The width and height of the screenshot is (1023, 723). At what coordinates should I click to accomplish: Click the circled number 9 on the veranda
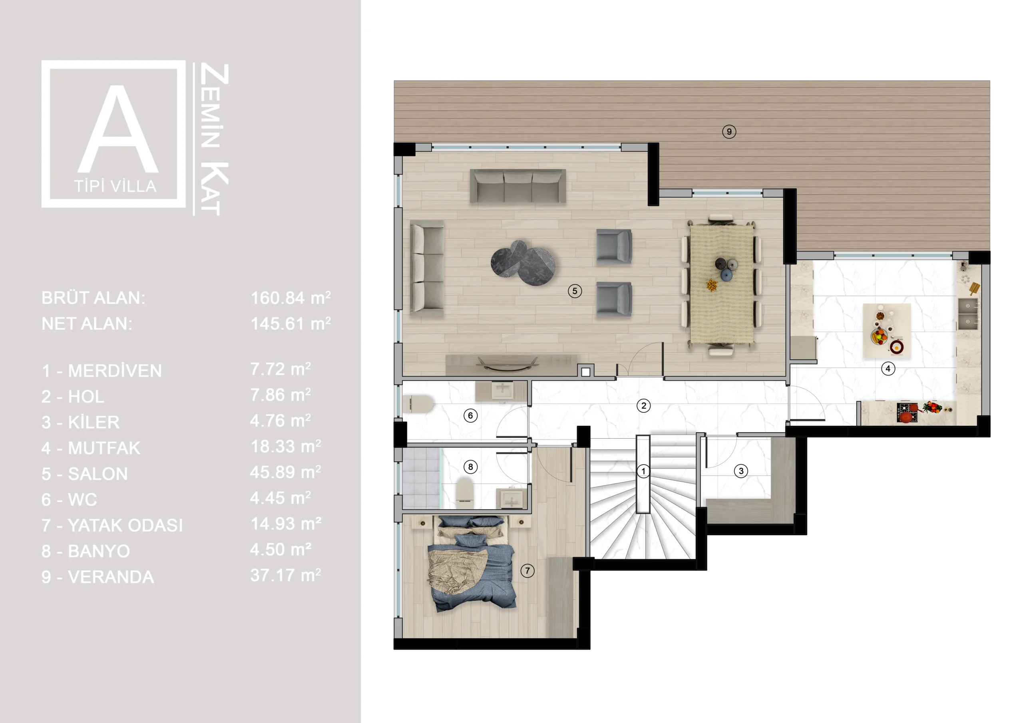tap(729, 131)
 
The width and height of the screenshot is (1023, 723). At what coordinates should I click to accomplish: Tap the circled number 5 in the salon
tap(575, 291)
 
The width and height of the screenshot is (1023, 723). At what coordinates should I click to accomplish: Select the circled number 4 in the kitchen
tap(888, 368)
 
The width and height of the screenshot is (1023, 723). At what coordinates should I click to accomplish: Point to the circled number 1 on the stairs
tap(643, 471)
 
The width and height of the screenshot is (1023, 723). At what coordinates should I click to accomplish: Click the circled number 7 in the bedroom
tap(527, 571)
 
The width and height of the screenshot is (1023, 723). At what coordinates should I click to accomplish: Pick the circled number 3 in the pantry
tap(741, 471)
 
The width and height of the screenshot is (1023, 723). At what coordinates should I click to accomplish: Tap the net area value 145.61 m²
tap(291, 324)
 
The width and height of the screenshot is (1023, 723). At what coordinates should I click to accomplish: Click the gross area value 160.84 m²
tap(291, 298)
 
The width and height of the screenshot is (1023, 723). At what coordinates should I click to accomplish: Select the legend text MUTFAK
tap(104, 448)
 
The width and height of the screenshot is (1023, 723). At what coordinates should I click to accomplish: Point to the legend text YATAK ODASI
tap(125, 526)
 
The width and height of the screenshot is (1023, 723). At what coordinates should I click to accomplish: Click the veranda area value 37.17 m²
tap(286, 575)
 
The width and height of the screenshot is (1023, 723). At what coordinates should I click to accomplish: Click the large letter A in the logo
tap(118, 129)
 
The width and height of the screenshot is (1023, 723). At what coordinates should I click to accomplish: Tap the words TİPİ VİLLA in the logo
tap(115, 186)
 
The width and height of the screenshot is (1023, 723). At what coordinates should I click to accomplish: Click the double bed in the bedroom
tap(472, 564)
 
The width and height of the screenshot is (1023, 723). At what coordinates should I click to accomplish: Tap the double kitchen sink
tap(968, 314)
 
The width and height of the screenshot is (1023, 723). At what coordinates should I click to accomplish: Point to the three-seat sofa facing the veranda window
tap(518, 186)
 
